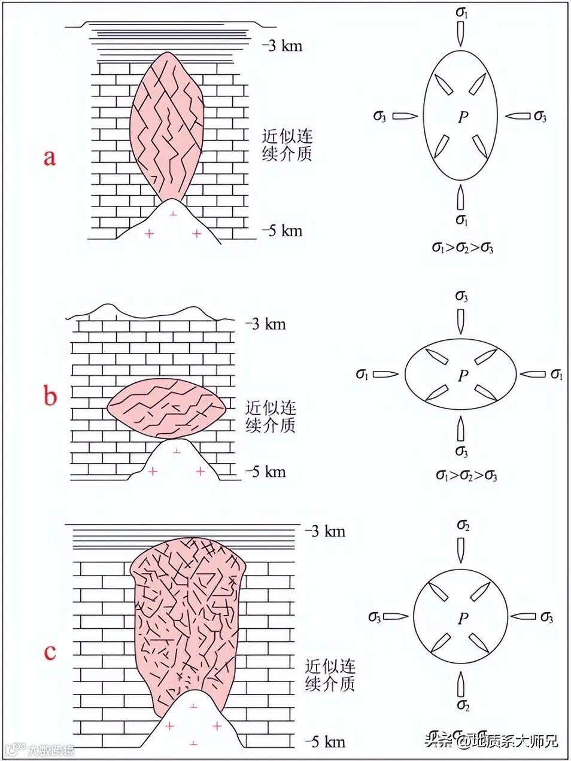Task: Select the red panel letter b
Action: click(x=51, y=396)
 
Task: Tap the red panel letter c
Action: click(x=50, y=651)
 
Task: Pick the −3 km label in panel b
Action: click(x=265, y=324)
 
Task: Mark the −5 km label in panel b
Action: click(x=265, y=472)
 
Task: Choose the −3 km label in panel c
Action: click(x=325, y=531)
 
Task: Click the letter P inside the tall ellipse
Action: click(x=462, y=117)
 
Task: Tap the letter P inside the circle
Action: click(x=462, y=619)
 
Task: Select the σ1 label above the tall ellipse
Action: click(x=461, y=11)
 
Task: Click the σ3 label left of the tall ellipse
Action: click(x=379, y=117)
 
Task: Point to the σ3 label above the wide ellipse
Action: click(x=461, y=297)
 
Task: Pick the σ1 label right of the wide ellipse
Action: click(x=557, y=375)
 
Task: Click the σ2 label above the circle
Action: click(x=463, y=525)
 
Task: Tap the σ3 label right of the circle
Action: click(x=546, y=617)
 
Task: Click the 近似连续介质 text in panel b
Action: click(x=271, y=417)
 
